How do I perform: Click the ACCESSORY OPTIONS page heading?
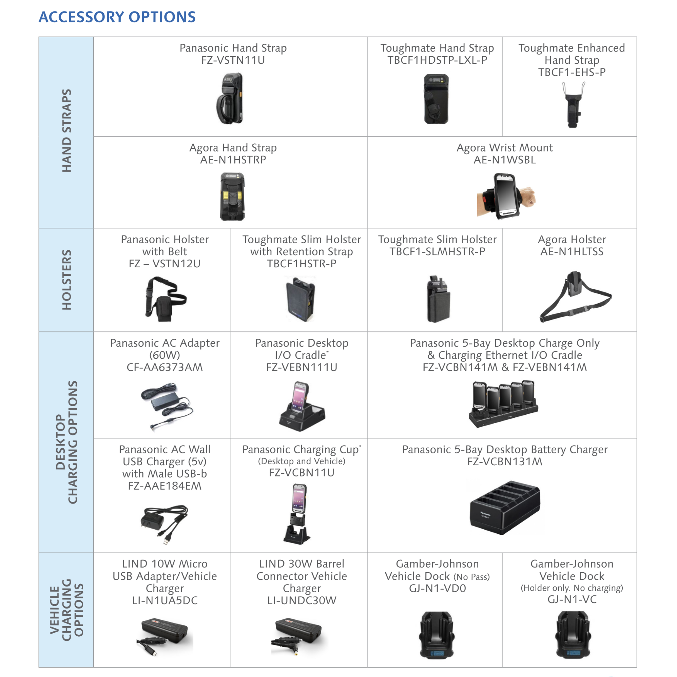tap(117, 17)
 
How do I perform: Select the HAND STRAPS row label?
tap(66, 131)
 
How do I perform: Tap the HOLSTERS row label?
tap(66, 280)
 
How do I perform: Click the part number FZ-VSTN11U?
tap(233, 60)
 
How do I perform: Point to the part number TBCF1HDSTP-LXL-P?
tap(437, 60)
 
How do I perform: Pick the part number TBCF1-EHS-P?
tap(572, 72)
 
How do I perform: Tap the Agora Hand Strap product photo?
tap(232, 196)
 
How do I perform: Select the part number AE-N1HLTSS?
tap(572, 252)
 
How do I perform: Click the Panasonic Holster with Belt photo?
tap(165, 299)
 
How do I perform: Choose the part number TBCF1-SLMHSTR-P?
tap(437, 252)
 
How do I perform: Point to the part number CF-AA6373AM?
tap(165, 367)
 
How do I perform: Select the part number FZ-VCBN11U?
tap(301, 473)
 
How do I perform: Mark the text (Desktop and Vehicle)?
tap(301, 461)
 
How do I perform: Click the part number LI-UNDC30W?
tap(301, 601)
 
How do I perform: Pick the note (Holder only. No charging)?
tap(572, 588)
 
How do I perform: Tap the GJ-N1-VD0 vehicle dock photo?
tap(437, 635)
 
